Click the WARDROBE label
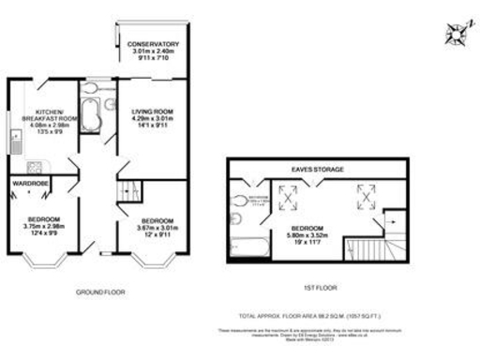click(x=29, y=184)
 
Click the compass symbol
click(x=456, y=34)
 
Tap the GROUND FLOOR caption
click(x=99, y=292)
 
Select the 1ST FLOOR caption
click(x=320, y=287)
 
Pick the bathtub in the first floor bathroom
click(x=245, y=247)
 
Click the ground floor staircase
click(x=126, y=192)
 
